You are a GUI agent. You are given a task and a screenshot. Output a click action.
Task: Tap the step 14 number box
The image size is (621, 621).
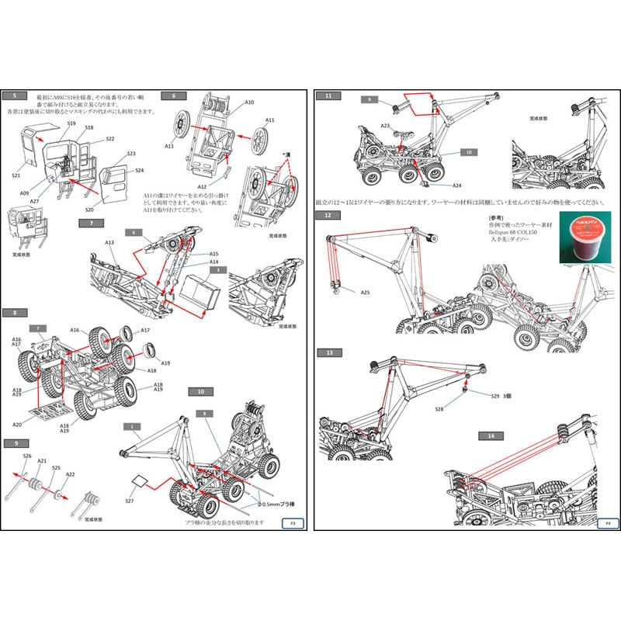pyautogui.click(x=491, y=436)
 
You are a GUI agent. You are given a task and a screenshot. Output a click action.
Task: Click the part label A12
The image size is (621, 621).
pyautogui.click(x=202, y=187)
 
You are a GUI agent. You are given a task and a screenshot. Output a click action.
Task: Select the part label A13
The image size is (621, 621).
pyautogui.click(x=109, y=242)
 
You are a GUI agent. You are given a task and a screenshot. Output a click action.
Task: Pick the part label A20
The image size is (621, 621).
pyautogui.click(x=16, y=425)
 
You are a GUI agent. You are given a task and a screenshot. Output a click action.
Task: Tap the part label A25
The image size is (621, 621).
pyautogui.click(x=365, y=293)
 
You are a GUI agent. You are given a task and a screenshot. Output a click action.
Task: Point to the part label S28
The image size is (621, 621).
pyautogui.click(x=439, y=409)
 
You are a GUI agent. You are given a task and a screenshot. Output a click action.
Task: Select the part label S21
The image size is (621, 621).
pyautogui.click(x=16, y=175)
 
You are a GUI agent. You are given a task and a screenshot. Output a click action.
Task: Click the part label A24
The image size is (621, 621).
pyautogui.click(x=457, y=186)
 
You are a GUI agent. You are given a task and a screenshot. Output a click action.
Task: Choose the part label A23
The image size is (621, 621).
pyautogui.click(x=385, y=125)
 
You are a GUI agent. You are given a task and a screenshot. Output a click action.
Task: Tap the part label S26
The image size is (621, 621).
pyautogui.click(x=27, y=456)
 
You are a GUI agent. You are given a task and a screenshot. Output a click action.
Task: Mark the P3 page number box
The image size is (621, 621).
pyautogui.click(x=292, y=523)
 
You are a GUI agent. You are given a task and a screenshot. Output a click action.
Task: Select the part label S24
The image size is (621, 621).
pyautogui.click(x=139, y=171)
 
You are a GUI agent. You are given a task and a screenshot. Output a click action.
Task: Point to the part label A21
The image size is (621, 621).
pyautogui.click(x=42, y=460)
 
